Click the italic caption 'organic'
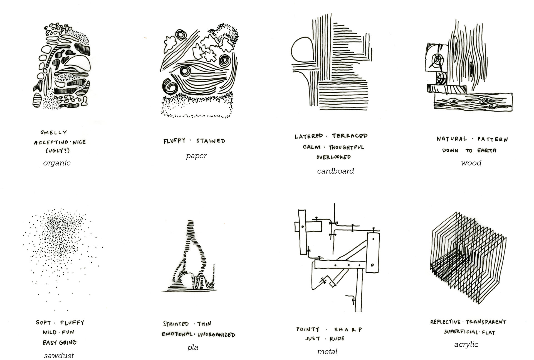tap(57, 163)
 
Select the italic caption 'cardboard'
tap(335, 171)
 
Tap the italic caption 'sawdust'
tap(59, 356)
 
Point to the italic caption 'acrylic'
tap(466, 345)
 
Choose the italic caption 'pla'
tap(193, 347)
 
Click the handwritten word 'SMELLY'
tap(54, 132)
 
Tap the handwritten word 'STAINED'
tap(211, 141)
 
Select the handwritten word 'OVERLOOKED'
tap(333, 157)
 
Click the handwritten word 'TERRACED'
tap(350, 136)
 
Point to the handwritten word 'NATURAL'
tap(452, 139)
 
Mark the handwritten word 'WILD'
tap(50, 332)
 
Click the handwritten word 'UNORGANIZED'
tap(216, 335)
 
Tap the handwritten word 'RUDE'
tap(337, 339)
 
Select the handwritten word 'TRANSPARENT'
tap(486, 322)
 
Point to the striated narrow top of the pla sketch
tap(191, 231)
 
